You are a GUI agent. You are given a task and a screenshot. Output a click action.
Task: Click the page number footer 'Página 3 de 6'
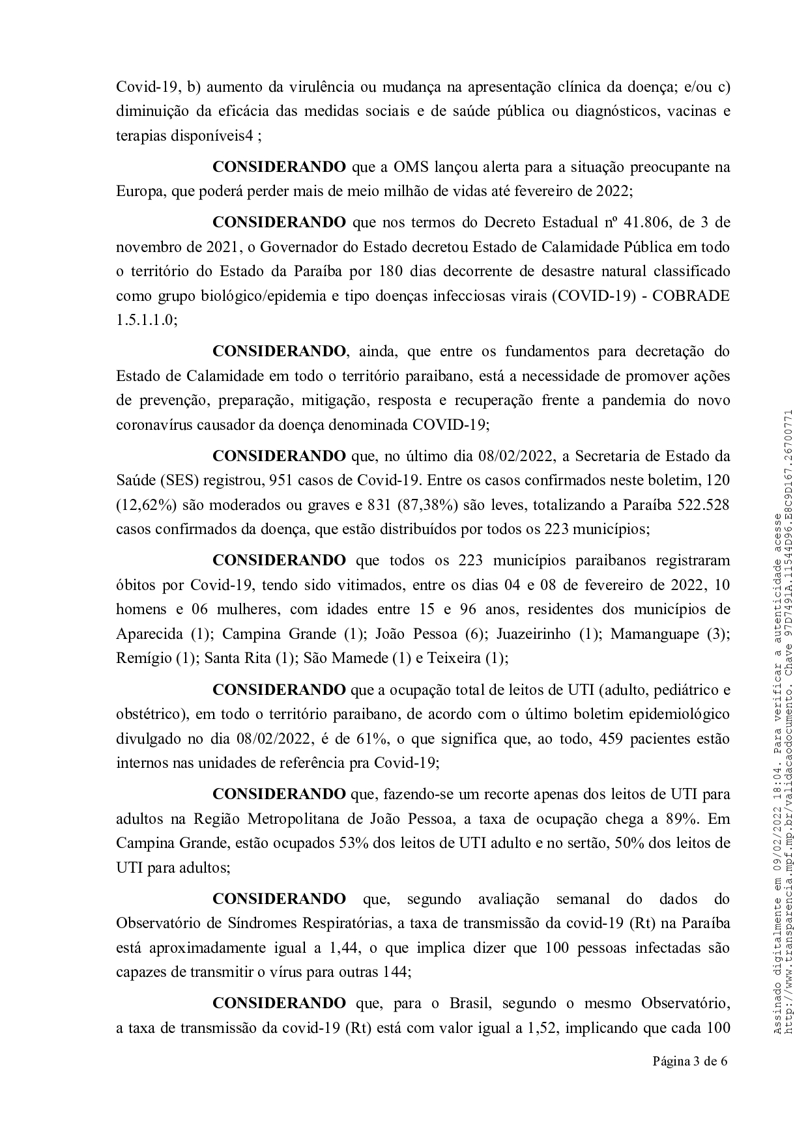[x=690, y=1061]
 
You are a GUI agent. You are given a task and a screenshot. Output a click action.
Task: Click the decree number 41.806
[x=644, y=222]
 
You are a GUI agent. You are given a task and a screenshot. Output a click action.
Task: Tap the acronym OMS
[x=412, y=166]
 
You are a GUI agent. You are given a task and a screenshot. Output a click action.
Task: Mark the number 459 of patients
[x=604, y=739]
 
